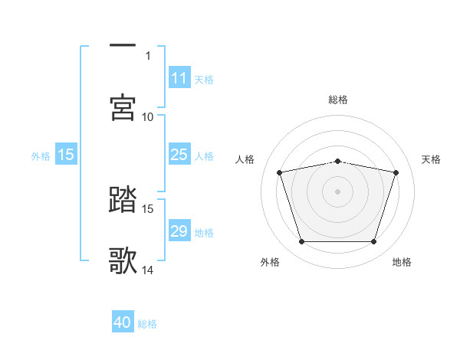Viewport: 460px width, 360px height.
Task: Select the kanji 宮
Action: pos(123,107)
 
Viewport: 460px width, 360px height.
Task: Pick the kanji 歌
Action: pos(123,260)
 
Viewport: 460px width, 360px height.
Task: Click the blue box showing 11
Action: pos(179,78)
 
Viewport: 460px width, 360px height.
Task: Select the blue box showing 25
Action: pos(179,155)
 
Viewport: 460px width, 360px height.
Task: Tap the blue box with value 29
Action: pos(179,231)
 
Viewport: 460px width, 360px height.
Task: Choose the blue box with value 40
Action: pos(123,323)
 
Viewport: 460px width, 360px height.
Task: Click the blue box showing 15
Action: pos(66,155)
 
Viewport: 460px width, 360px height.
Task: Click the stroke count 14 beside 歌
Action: pos(147,270)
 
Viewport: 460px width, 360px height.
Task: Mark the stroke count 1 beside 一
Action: pos(148,55)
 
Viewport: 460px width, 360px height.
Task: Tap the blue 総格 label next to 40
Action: pos(147,324)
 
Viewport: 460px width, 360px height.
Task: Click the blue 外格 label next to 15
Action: pos(41,155)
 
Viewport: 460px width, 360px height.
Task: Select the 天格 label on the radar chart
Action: pos(431,159)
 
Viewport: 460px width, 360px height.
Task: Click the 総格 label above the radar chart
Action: pos(338,100)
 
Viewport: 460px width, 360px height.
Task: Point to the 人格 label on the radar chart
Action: pos(245,159)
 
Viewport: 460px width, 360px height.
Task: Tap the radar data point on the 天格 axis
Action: pos(396,172)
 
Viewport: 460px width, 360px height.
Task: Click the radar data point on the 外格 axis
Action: pos(301,242)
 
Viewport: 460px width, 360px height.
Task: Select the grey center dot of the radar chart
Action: pos(337,191)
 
